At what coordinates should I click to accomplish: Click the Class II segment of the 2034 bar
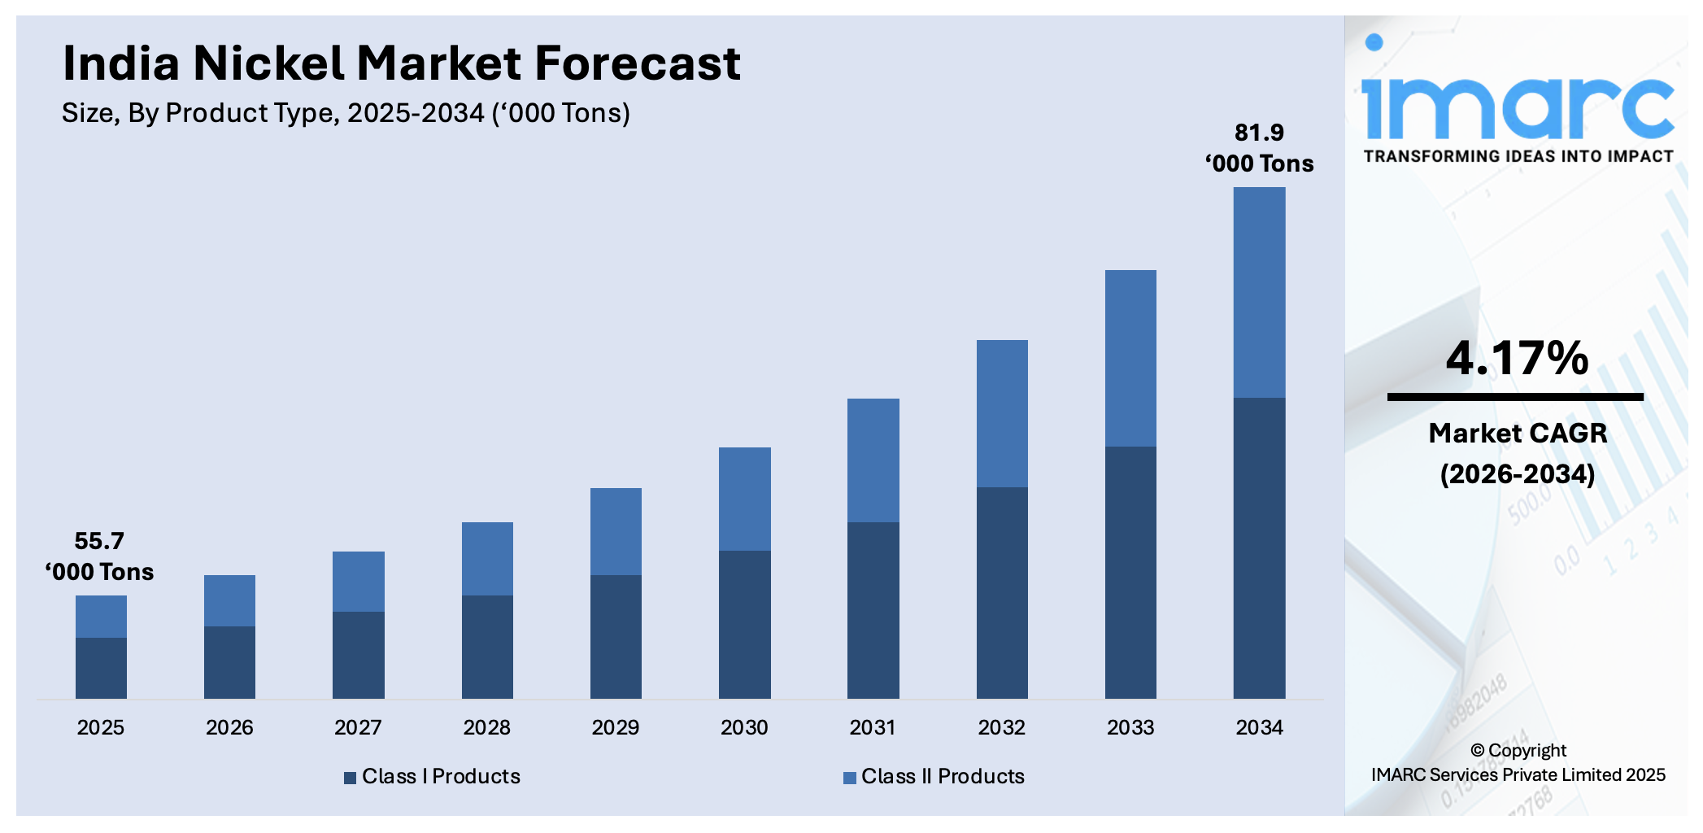point(1259,293)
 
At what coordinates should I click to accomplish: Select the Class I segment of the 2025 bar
point(101,667)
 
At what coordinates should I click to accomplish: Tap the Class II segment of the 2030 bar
point(744,499)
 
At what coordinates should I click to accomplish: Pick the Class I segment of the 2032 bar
point(1002,592)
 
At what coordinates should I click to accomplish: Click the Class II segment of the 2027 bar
point(358,582)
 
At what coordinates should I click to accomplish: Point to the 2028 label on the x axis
point(486,727)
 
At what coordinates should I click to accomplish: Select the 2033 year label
point(1130,727)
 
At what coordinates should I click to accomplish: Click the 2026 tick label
point(229,727)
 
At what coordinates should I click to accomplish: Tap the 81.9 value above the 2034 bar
point(1259,133)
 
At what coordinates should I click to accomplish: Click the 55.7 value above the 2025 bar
point(99,541)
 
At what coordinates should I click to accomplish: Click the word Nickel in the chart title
point(268,63)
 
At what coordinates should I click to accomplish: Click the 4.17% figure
point(1517,358)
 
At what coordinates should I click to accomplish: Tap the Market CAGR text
point(1518,433)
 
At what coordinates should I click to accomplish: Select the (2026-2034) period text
point(1518,474)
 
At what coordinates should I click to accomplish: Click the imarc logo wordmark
point(1518,106)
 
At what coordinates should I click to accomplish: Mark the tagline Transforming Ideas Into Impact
point(1518,156)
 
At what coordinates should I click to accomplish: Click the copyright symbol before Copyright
point(1477,751)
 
